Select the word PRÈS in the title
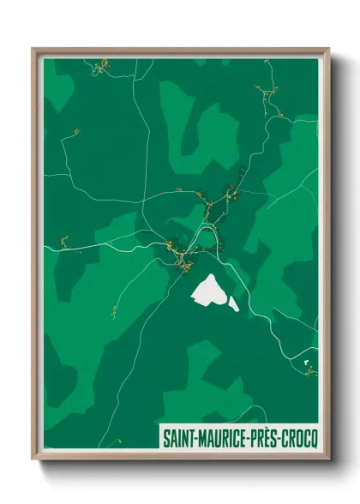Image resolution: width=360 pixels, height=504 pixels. pyautogui.click(x=264, y=437)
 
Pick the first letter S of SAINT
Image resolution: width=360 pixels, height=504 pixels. pyautogui.click(x=165, y=437)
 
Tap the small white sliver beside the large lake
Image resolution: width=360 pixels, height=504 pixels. pyautogui.click(x=233, y=303)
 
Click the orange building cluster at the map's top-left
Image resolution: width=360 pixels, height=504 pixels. pyautogui.click(x=103, y=67)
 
